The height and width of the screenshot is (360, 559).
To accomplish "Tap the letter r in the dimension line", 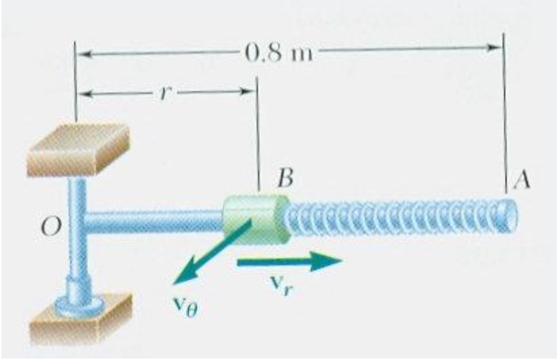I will point(164,93).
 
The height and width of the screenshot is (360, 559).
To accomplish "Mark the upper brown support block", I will point(77,149).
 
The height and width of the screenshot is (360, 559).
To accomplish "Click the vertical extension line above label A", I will point(505,108).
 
